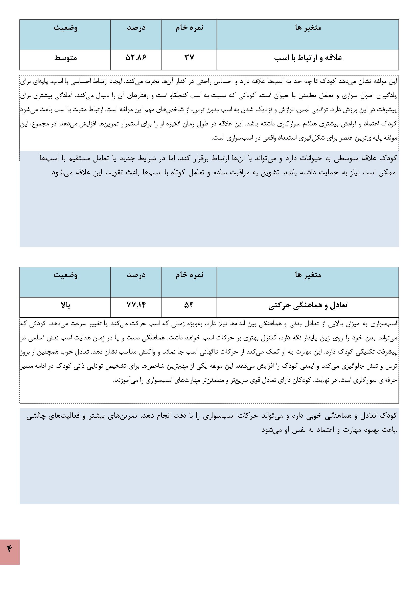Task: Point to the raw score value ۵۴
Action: [189, 305]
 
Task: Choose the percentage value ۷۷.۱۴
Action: [136, 305]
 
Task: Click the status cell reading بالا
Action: [65, 305]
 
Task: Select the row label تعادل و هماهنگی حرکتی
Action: [308, 305]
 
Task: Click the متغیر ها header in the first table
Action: [308, 28]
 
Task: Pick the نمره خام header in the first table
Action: [189, 28]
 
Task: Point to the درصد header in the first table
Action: [136, 28]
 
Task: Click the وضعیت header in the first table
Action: [65, 28]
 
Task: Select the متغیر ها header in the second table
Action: [308, 275]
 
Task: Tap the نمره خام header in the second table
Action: [189, 275]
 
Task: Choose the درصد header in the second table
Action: [136, 275]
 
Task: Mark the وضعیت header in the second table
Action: [65, 275]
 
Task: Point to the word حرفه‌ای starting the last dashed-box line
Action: [390, 380]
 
